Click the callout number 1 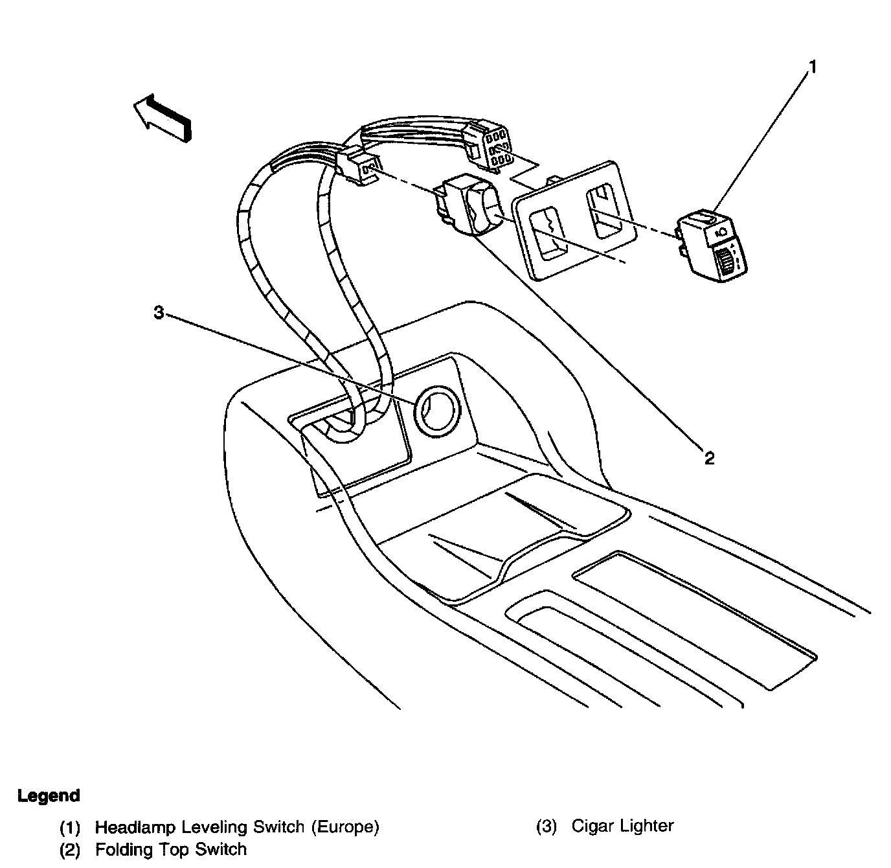(x=812, y=67)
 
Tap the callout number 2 (x=710, y=459)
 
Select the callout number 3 (x=159, y=312)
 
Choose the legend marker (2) (x=69, y=850)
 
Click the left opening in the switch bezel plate (x=548, y=233)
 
